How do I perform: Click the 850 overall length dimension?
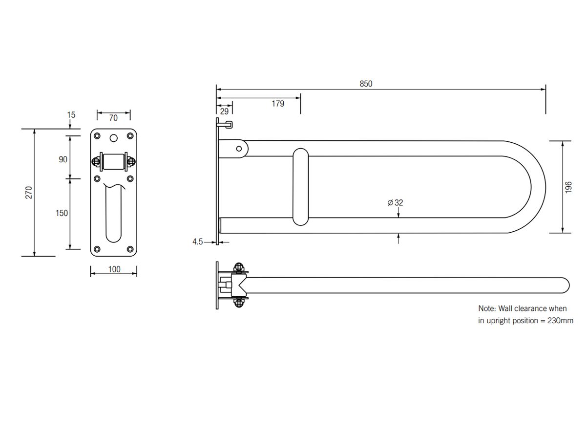click(x=366, y=84)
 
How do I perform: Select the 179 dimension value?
click(x=278, y=103)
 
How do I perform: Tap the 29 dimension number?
click(x=224, y=111)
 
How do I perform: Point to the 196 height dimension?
click(x=568, y=187)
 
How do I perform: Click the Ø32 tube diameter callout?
click(x=396, y=202)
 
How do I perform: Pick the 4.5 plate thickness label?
click(x=197, y=242)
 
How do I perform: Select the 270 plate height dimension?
click(x=29, y=192)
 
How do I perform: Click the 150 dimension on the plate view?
click(x=62, y=213)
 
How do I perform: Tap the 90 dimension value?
click(x=63, y=159)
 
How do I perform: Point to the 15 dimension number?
click(x=71, y=115)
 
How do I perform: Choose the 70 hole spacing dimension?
click(x=113, y=118)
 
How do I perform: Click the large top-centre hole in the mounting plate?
click(x=114, y=138)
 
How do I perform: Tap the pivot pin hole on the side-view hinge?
click(x=239, y=148)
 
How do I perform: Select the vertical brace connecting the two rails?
click(x=301, y=187)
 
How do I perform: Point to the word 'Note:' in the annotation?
click(x=487, y=308)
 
